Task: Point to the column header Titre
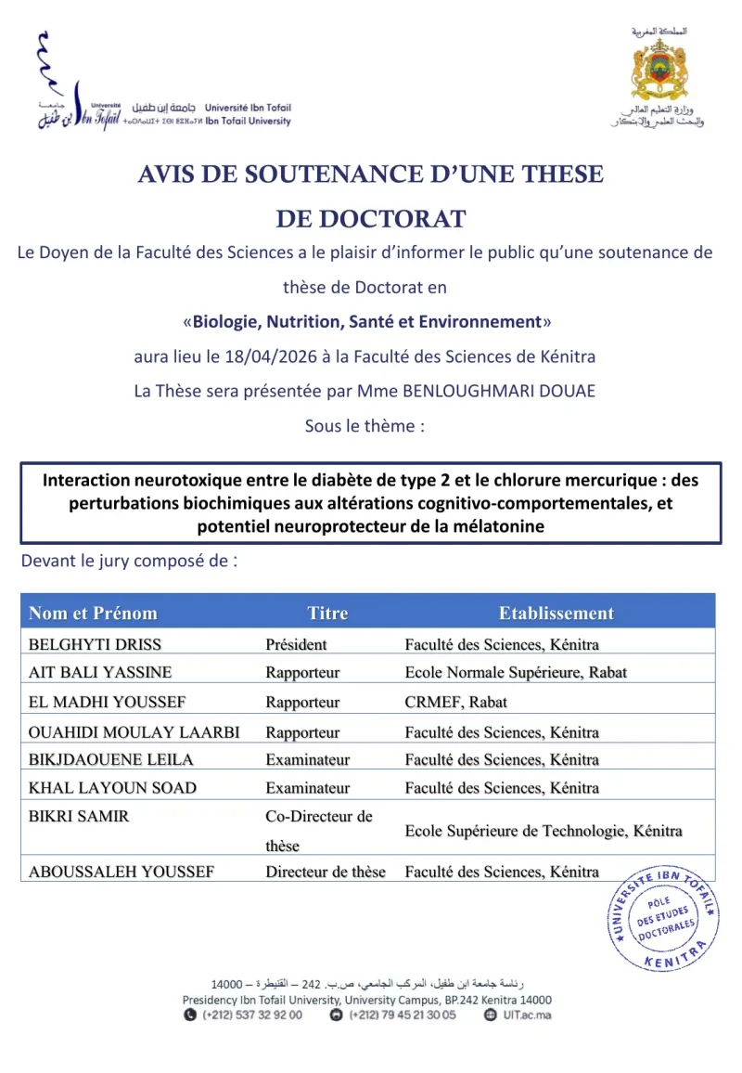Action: click(x=327, y=613)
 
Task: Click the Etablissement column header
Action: click(x=556, y=613)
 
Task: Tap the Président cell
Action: click(x=296, y=644)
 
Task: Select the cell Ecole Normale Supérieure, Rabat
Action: click(x=516, y=672)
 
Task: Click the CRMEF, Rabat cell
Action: click(x=455, y=702)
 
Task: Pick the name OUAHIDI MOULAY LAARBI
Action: click(x=134, y=732)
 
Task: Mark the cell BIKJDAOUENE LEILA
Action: click(x=111, y=759)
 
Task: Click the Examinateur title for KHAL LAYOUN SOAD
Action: click(x=307, y=788)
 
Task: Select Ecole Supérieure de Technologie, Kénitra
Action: click(x=544, y=831)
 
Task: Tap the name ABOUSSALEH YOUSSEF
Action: click(x=122, y=872)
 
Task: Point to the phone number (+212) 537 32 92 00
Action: click(x=251, y=1015)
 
